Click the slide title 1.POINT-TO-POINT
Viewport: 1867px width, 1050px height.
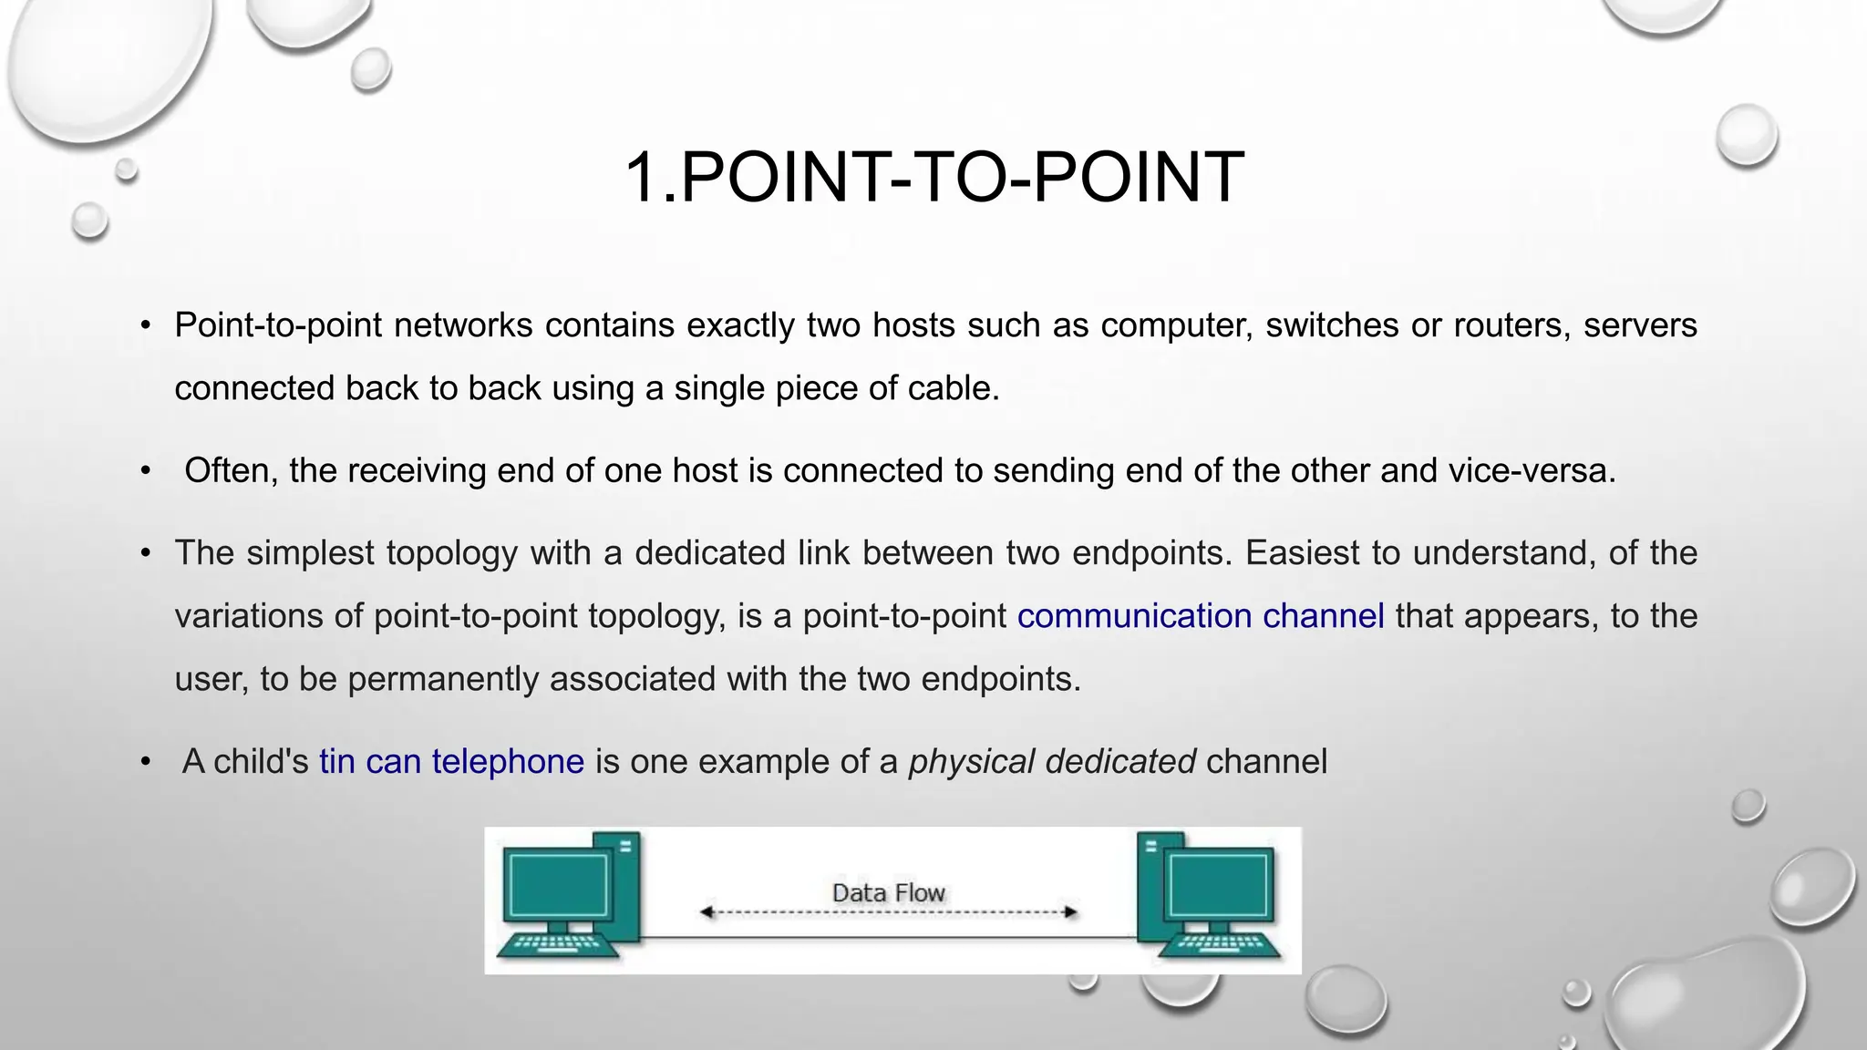[933, 177]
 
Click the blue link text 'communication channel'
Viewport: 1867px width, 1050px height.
[1201, 616]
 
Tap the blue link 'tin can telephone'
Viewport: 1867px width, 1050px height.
[451, 761]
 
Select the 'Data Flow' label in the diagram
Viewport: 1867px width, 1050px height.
[888, 892]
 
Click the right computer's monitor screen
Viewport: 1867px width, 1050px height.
[1222, 884]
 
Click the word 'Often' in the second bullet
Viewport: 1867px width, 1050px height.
[231, 471]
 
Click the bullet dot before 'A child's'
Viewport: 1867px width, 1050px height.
[146, 762]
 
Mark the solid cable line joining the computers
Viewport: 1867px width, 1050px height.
[889, 937]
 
